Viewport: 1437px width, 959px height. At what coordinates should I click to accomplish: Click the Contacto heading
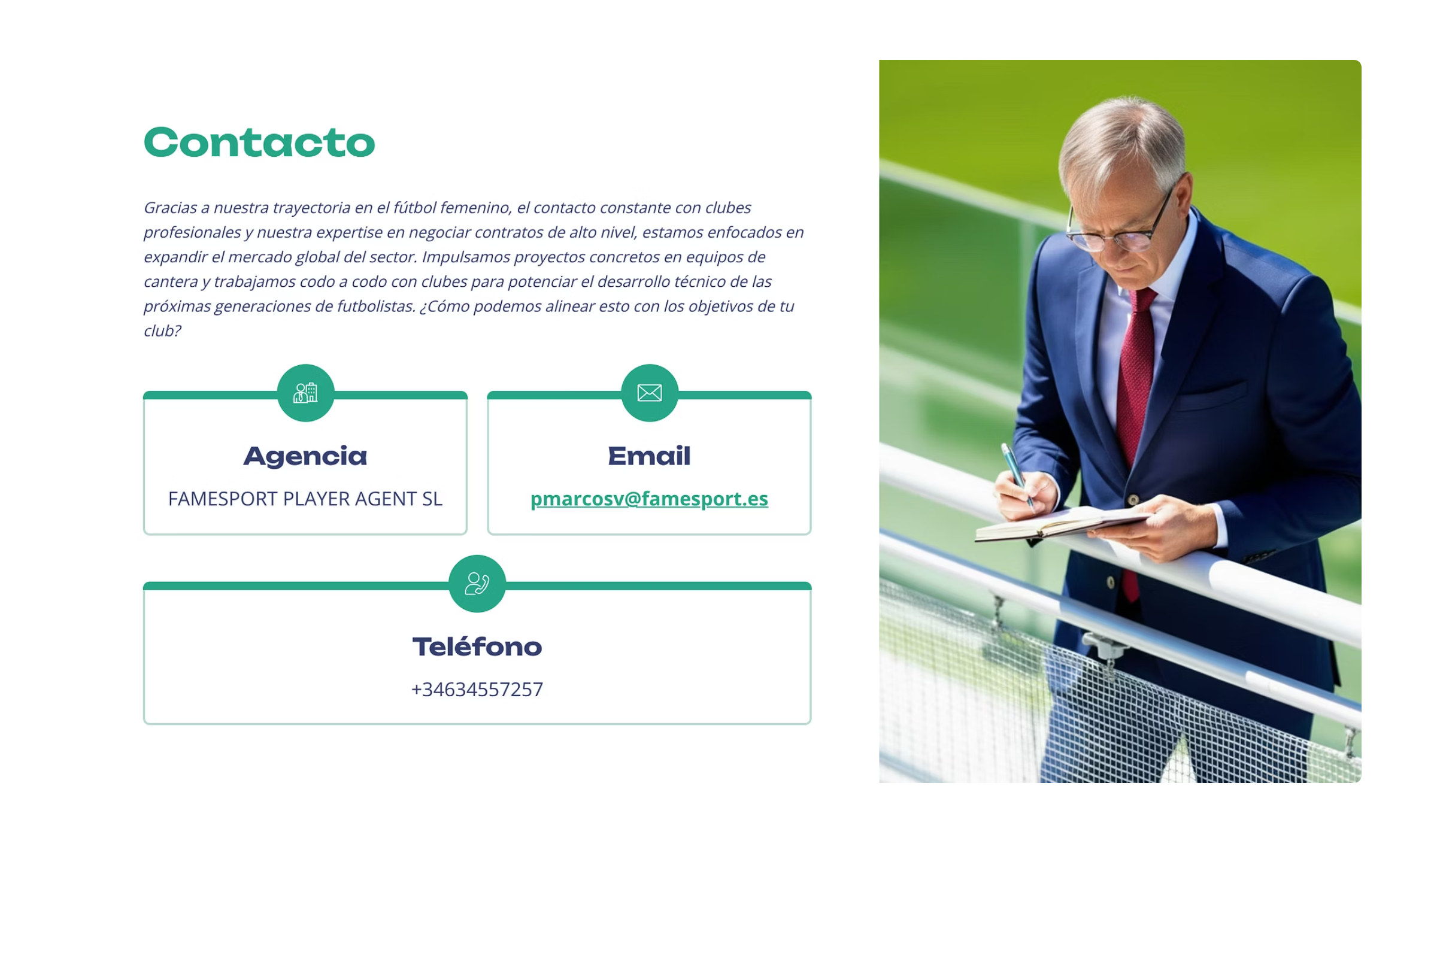259,142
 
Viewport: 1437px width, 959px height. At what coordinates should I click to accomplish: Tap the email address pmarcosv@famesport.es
649,499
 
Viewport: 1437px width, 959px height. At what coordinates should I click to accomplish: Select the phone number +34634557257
477,689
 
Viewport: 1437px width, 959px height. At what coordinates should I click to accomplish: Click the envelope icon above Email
650,393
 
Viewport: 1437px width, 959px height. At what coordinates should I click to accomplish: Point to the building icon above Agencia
306,393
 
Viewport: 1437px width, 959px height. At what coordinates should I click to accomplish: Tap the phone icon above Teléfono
477,584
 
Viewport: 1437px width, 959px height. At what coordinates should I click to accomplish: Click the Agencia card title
305,456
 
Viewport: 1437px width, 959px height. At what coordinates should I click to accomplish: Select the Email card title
649,456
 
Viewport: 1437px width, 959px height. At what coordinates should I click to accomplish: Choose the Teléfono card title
477,647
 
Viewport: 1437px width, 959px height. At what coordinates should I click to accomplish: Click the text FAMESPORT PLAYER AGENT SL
305,499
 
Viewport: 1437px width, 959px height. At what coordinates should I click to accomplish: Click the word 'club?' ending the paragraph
162,331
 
